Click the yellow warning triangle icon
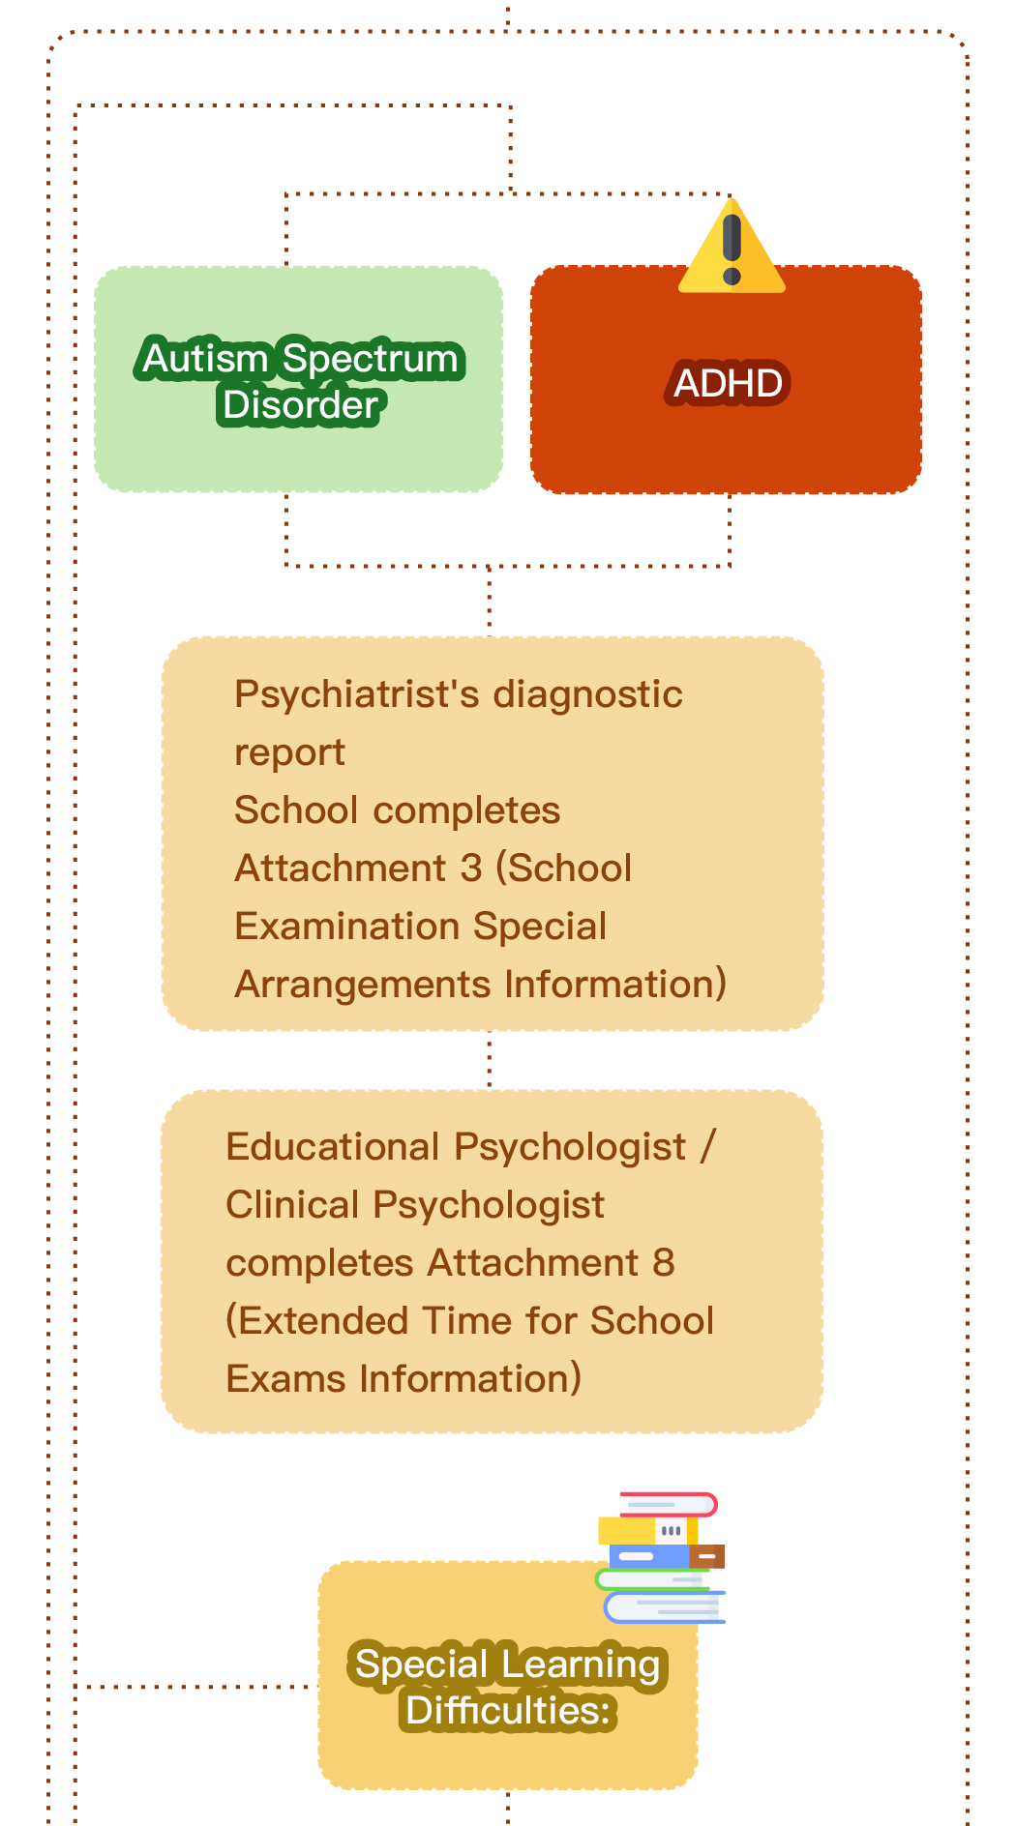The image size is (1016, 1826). tap(732, 247)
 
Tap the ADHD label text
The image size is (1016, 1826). tap(729, 383)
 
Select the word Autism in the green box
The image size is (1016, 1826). tap(205, 359)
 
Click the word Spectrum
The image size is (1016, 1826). tap(370, 359)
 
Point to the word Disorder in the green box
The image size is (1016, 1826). tap(300, 405)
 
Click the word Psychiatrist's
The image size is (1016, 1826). tap(357, 694)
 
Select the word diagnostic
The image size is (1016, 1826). tap(587, 694)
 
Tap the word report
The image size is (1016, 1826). tap(289, 753)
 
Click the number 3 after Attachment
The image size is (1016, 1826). tap(471, 869)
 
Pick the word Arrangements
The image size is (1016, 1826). tap(363, 985)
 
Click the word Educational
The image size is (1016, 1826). tap(333, 1147)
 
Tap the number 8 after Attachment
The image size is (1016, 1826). tap(664, 1263)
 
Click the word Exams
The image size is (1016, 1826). tap(286, 1379)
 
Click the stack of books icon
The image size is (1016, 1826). tap(661, 1557)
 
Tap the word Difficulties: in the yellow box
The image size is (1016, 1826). tap(508, 1711)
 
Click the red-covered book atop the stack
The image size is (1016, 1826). tap(668, 1505)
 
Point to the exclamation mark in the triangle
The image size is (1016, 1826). tap(732, 250)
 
